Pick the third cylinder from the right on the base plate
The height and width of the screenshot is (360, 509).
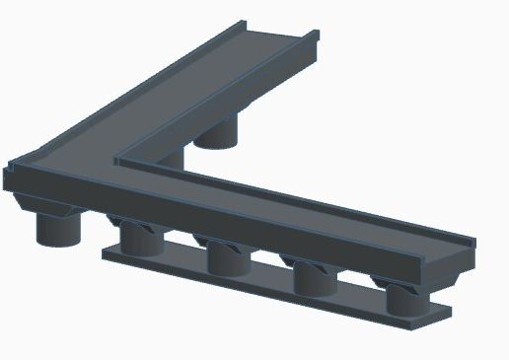tap(227, 258)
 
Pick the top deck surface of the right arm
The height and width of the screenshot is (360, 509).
tap(326, 207)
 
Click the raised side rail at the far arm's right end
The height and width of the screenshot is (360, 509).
tap(314, 44)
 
